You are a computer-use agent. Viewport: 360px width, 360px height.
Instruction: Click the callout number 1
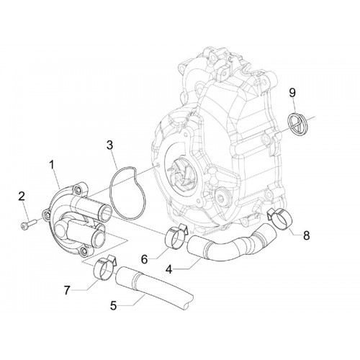point(52,166)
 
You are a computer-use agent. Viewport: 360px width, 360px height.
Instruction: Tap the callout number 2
point(22,197)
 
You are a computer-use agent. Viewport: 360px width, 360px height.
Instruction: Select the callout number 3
point(109,145)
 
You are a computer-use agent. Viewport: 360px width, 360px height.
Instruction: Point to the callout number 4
point(169,269)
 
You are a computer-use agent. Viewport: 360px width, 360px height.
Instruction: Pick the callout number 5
point(113,306)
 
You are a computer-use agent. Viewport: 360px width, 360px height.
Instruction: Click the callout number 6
point(144,259)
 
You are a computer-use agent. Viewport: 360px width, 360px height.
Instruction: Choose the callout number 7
point(67,291)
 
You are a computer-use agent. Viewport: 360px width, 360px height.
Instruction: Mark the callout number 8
point(306,235)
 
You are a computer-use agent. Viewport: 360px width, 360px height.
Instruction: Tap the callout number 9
point(292,93)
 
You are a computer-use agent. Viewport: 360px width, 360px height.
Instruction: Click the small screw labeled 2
point(29,223)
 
